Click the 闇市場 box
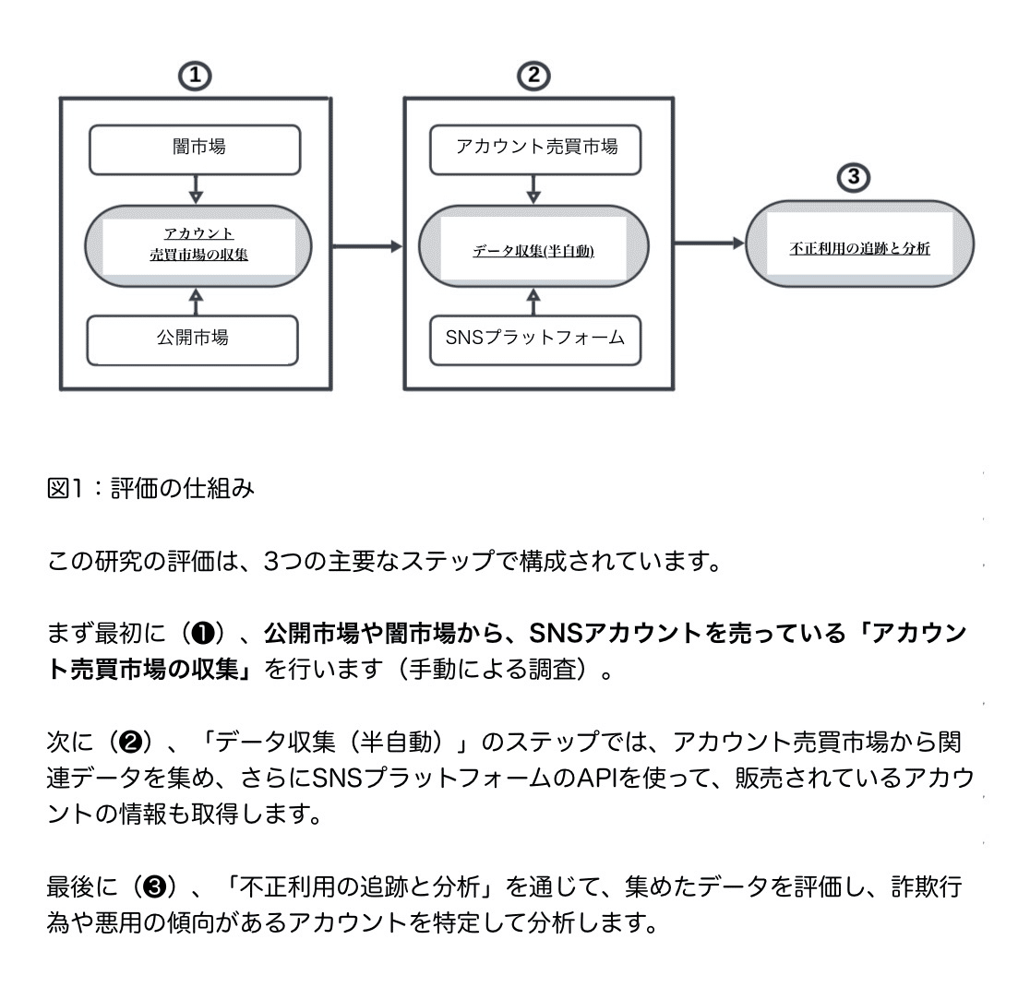click(x=195, y=149)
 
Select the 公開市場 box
click(x=193, y=339)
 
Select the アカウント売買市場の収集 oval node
click(x=198, y=244)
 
